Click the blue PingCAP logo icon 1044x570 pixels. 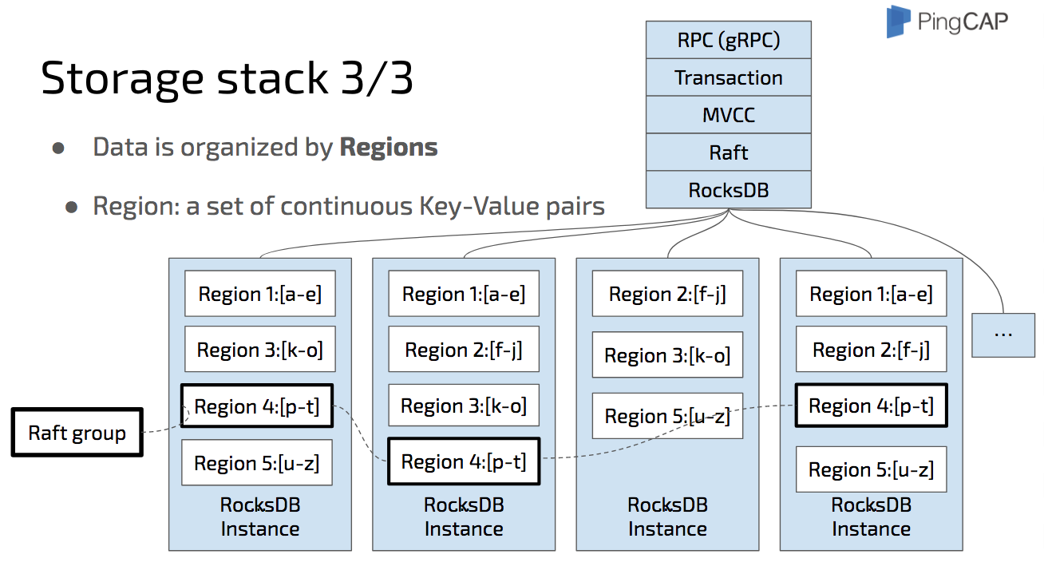[898, 22]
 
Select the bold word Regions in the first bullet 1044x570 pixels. [389, 147]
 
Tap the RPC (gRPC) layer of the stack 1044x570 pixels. [728, 41]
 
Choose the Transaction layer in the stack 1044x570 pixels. [728, 77]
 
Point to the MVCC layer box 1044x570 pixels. [728, 115]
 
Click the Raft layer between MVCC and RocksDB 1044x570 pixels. [728, 152]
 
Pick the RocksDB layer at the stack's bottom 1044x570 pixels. [728, 189]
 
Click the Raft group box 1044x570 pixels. [77, 433]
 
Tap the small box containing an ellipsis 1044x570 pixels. [1002, 333]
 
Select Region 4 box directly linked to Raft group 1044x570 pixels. [256, 406]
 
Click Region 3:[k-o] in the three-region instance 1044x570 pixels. [667, 355]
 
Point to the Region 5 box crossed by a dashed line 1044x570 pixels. [667, 416]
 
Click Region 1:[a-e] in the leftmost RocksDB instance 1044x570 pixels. [259, 294]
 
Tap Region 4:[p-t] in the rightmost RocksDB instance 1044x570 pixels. [871, 406]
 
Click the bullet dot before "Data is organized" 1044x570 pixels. [58, 148]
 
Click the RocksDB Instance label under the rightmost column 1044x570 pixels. [871, 517]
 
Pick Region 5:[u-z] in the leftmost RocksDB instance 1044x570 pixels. [256, 463]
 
